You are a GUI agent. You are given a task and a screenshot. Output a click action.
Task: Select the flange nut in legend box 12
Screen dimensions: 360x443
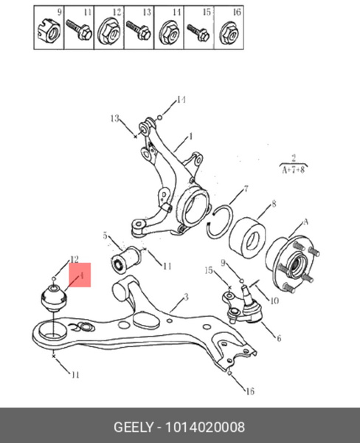(109, 32)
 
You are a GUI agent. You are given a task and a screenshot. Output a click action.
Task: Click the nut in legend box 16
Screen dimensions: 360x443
(229, 32)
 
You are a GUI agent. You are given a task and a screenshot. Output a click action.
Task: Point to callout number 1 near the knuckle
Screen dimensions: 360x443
(190, 137)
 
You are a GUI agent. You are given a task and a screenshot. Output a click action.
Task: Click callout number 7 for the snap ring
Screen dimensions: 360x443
(246, 188)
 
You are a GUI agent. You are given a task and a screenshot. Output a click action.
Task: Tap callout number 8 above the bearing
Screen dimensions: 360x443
(274, 204)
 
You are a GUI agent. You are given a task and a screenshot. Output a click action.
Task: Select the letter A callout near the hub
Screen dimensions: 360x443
(305, 222)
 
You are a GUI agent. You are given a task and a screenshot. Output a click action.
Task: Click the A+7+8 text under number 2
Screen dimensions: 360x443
(294, 170)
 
